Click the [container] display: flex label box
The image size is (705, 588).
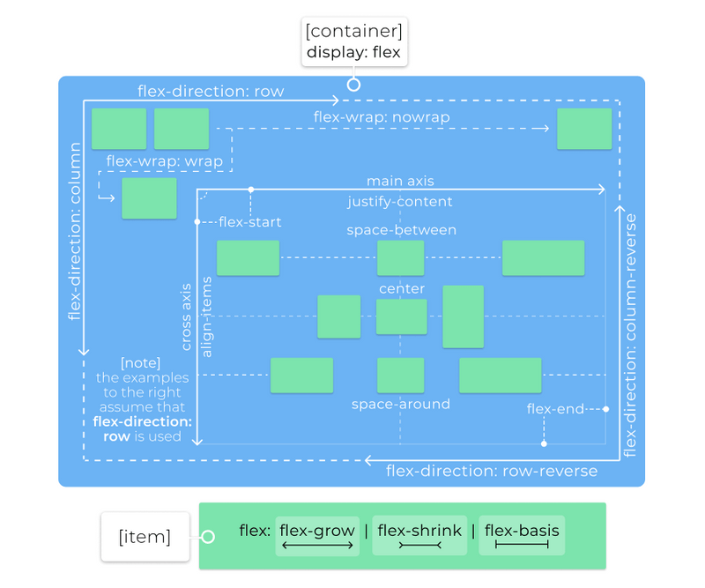353,41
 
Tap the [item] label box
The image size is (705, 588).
145,536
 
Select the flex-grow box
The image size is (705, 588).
317,536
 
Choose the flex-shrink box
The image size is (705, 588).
419,536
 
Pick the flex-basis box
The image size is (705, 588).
522,536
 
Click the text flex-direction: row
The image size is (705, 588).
211,92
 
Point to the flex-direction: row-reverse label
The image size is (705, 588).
492,471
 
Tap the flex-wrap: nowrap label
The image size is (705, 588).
382,117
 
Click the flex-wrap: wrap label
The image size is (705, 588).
165,161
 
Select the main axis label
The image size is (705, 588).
400,181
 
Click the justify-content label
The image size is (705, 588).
400,202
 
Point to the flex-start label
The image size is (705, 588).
249,222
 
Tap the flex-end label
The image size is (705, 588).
555,409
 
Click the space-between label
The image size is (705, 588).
401,230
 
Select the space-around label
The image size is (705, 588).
401,405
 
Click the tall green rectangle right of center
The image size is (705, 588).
463,316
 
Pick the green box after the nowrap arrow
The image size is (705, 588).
584,129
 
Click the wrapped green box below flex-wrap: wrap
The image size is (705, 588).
149,198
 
